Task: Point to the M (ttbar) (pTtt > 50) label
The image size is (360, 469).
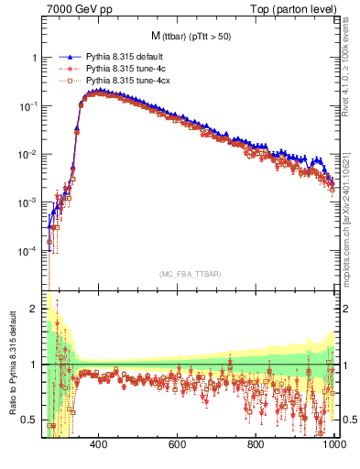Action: (191, 36)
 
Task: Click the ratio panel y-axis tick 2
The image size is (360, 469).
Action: (34, 309)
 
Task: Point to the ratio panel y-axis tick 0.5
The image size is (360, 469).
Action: (30, 420)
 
